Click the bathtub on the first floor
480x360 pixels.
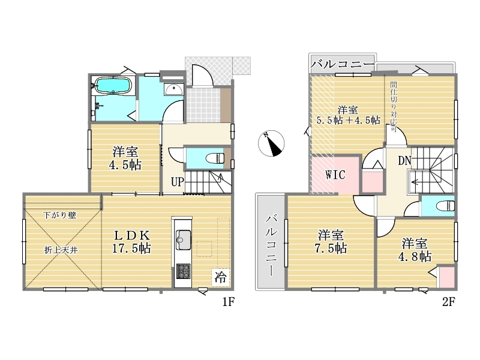click(113, 85)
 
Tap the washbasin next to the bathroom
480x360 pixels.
click(173, 89)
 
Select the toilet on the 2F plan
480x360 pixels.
click(445, 205)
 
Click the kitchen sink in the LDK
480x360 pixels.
click(183, 239)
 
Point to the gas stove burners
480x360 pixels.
click(183, 271)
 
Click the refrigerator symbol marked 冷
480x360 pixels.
click(220, 277)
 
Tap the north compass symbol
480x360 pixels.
click(271, 143)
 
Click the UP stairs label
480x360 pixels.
click(177, 182)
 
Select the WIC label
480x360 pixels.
click(335, 175)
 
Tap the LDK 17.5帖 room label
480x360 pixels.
click(131, 242)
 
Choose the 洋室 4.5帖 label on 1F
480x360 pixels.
click(125, 158)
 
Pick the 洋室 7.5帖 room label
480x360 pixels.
click(331, 242)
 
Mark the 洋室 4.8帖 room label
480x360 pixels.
click(415, 250)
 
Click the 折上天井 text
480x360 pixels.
click(61, 250)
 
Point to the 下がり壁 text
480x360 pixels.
click(59, 215)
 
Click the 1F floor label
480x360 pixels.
click(228, 302)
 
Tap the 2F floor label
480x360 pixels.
click(449, 302)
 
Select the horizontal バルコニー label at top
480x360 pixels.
click(343, 65)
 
